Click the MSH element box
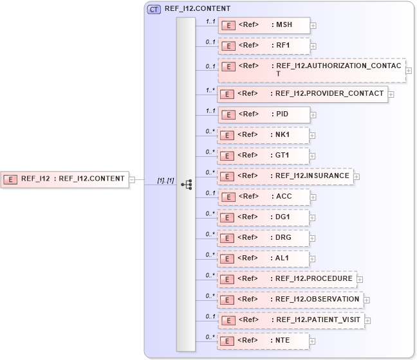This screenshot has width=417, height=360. [x=264, y=26]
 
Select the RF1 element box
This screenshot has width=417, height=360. [x=264, y=46]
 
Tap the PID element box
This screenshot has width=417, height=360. [x=264, y=114]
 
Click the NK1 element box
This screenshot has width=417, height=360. [x=264, y=135]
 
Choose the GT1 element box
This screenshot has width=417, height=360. [x=264, y=156]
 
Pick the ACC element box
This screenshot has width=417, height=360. [x=264, y=197]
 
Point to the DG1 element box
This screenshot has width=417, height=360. [x=264, y=217]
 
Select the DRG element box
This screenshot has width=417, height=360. [x=264, y=238]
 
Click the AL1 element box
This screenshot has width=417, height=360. [x=264, y=258]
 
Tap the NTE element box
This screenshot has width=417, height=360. [x=264, y=341]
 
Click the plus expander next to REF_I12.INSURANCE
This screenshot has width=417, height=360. [x=357, y=176]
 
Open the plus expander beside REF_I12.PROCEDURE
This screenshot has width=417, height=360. [x=360, y=279]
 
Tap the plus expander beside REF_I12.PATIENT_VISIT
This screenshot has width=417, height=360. [x=367, y=320]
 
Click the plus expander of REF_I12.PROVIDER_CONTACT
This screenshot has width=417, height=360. [x=391, y=94]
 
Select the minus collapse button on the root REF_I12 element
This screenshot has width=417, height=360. [x=132, y=179]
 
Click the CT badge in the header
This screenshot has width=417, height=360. [x=154, y=10]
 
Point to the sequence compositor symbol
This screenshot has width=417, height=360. [x=187, y=184]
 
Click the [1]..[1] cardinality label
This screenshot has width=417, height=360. [x=165, y=181]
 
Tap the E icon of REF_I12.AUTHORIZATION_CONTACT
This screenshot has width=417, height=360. [x=228, y=67]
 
